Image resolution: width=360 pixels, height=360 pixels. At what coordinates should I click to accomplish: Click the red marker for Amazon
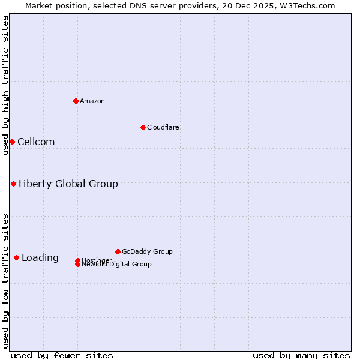click(76, 101)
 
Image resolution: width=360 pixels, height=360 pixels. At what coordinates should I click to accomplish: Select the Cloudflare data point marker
click(143, 127)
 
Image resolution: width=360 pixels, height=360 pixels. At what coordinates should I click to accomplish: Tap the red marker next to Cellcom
click(12, 142)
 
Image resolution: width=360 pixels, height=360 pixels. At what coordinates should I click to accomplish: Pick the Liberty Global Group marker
click(13, 184)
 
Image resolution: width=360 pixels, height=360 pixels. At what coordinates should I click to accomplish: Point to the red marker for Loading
click(16, 257)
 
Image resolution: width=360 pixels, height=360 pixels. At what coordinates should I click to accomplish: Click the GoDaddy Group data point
click(118, 251)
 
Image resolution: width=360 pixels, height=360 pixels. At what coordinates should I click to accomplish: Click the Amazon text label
click(92, 101)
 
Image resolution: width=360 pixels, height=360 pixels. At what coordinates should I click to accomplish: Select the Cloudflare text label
click(163, 127)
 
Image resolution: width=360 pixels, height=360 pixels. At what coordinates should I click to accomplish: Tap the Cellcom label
click(36, 142)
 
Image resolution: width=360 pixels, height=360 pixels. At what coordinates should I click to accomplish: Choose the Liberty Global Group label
click(68, 184)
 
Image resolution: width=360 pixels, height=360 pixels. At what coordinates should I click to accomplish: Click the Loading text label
click(40, 258)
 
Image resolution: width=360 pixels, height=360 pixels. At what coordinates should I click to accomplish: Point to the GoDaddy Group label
click(147, 251)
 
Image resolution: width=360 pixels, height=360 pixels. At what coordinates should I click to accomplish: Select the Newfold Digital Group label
click(117, 265)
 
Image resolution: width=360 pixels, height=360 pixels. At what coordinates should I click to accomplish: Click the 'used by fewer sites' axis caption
click(62, 355)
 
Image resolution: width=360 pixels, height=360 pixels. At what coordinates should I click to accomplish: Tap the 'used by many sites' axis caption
click(301, 355)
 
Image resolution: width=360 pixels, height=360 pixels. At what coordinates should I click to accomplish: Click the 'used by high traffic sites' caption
click(5, 85)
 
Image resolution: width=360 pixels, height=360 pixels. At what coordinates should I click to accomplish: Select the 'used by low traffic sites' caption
click(5, 280)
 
